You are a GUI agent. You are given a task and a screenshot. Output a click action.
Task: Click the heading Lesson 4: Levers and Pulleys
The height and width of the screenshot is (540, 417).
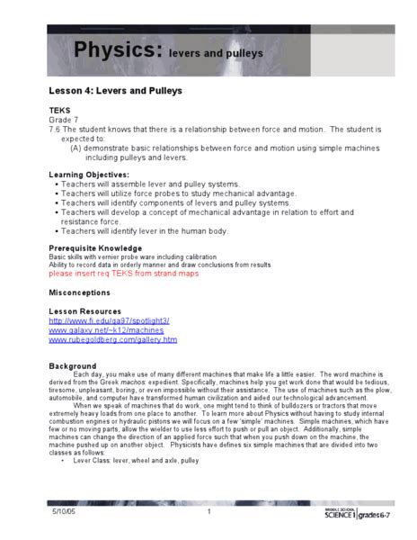115,91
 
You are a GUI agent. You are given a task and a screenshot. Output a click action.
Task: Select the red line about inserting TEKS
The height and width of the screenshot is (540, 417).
124,274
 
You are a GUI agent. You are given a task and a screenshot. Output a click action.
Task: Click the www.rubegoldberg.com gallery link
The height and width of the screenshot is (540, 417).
113,340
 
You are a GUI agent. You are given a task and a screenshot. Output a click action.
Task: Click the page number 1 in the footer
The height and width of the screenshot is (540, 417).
208,512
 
